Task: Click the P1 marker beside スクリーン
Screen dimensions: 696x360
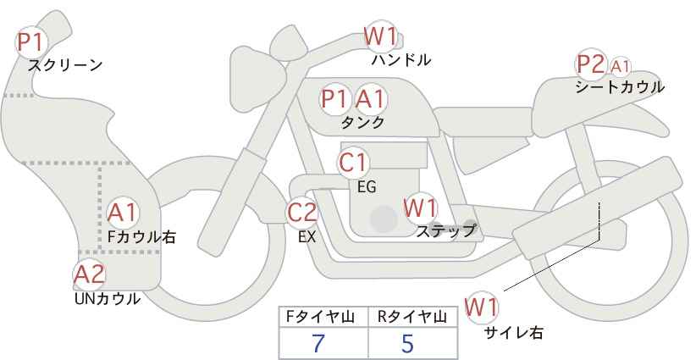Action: (x=31, y=42)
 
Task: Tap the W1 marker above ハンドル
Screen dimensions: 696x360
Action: (x=380, y=36)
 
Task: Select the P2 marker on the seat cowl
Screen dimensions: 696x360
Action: (x=591, y=65)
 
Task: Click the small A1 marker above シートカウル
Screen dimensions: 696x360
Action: (x=620, y=67)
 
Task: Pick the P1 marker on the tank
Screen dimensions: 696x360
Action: (x=334, y=98)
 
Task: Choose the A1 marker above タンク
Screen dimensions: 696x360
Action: (x=370, y=98)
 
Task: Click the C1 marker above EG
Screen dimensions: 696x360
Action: (x=353, y=163)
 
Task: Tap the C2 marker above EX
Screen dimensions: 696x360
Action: (x=301, y=212)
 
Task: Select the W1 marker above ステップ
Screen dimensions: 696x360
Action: (x=420, y=208)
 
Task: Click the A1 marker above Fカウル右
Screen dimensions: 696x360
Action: (x=122, y=213)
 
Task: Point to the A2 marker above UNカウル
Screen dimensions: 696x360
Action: (x=89, y=274)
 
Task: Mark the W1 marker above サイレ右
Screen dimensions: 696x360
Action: (x=481, y=307)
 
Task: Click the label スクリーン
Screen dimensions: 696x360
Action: (x=65, y=65)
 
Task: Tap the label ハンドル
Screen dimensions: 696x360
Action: (x=401, y=59)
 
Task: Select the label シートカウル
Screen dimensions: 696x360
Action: (x=620, y=86)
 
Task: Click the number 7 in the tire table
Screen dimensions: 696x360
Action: (x=318, y=343)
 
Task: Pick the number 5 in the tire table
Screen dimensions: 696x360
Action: (x=407, y=343)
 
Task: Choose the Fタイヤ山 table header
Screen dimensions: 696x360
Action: (x=320, y=317)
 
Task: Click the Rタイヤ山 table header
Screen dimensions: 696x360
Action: (x=412, y=317)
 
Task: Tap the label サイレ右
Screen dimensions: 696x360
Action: (x=514, y=333)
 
